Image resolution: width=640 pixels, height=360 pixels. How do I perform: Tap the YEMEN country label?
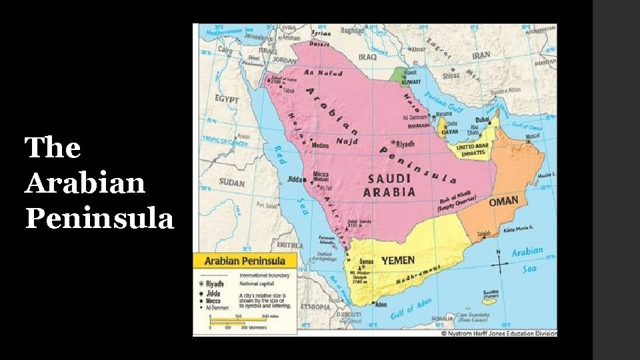[x=397, y=260]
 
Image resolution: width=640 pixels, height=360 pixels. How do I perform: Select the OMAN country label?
[x=503, y=202]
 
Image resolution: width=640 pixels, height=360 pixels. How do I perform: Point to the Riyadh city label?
[x=406, y=143]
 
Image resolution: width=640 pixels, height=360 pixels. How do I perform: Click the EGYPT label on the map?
[x=227, y=99]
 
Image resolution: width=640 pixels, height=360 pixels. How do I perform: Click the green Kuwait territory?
[x=400, y=76]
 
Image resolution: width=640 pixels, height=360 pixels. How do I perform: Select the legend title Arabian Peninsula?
[x=245, y=261]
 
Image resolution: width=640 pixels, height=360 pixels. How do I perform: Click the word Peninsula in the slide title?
[x=99, y=219]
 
